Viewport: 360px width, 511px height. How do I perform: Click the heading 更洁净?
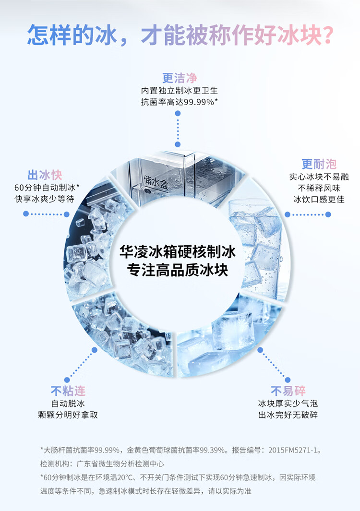pos(180,78)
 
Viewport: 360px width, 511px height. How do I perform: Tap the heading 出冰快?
pos(45,175)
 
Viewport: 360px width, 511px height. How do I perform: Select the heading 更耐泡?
pos(319,165)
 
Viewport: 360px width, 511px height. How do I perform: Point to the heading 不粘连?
pos(68,391)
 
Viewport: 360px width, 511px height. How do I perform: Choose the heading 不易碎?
pos(288,391)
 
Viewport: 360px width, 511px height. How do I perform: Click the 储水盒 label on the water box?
pos(156,181)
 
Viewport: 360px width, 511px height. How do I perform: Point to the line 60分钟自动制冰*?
pos(47,187)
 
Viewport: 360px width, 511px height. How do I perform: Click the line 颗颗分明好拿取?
pos(68,415)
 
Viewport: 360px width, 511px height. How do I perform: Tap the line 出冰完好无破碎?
pos(288,415)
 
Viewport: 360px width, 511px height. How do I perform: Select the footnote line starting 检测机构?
pos(102,464)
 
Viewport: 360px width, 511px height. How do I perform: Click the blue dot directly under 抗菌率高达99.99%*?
pos(178,114)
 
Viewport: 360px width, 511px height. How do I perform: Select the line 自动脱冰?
pos(68,403)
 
